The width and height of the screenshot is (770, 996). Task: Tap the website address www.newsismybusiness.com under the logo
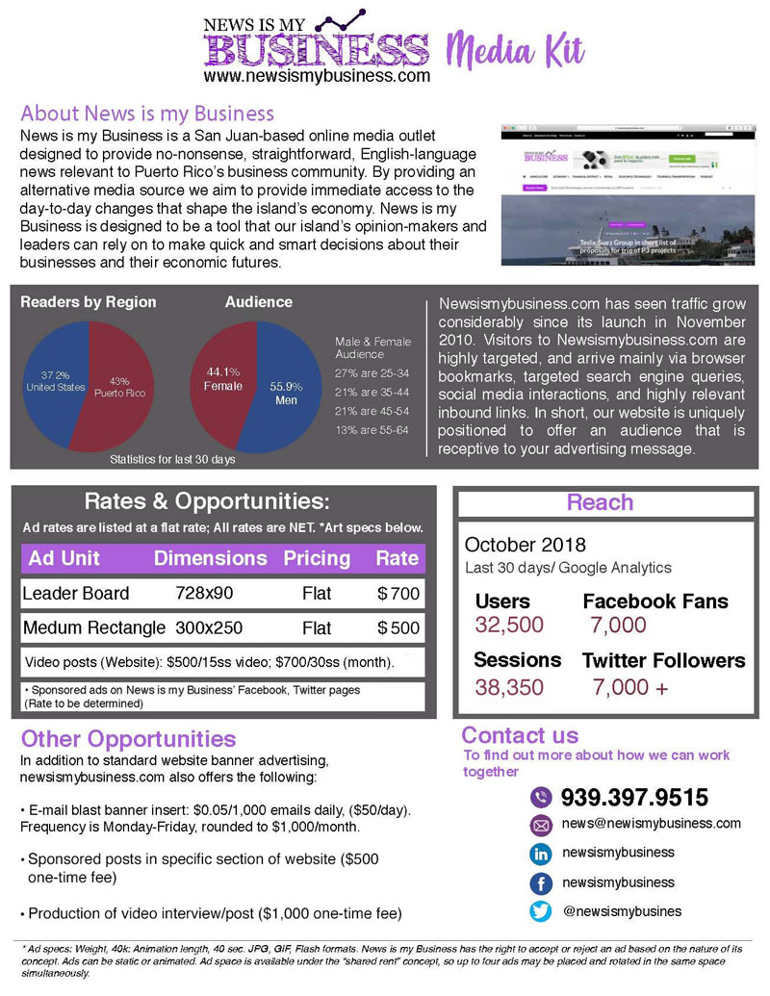pos(317,75)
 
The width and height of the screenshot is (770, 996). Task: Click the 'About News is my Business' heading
pos(147,113)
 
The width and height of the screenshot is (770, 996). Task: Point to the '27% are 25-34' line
pos(372,372)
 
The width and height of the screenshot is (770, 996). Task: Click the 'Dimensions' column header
pos(211,558)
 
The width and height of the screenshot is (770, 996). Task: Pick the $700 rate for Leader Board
pos(398,593)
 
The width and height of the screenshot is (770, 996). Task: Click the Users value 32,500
pos(509,625)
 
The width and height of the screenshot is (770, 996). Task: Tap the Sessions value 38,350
pos(509,687)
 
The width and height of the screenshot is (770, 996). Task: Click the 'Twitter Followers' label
pos(663,660)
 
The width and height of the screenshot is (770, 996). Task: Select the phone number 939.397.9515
pos(634,797)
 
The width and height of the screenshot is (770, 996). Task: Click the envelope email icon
pos(541,825)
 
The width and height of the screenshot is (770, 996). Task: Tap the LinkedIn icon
pos(541,854)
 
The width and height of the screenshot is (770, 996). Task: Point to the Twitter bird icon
pos(541,910)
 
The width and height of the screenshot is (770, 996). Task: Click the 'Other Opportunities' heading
pos(128,739)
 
